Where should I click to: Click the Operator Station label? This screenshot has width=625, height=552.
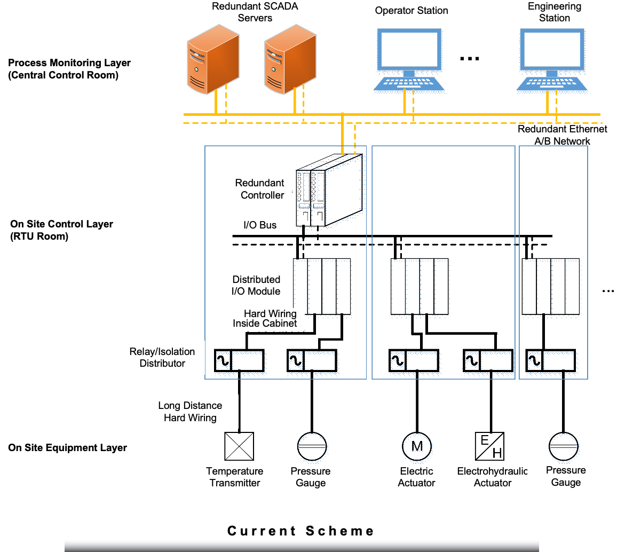412,11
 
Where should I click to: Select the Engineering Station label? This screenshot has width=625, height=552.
555,12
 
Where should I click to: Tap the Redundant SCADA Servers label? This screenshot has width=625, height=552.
255,12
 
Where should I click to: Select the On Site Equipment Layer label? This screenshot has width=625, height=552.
68,448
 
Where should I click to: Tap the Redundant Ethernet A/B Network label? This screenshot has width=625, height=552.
563,136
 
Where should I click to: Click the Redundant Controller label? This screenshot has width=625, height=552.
256,189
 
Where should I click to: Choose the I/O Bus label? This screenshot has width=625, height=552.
260,225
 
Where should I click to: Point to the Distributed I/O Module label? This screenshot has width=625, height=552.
256,285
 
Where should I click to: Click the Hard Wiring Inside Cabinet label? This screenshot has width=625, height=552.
264,319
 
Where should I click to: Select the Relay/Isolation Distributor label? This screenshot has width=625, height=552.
162,358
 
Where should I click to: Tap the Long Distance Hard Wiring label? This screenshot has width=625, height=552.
190,412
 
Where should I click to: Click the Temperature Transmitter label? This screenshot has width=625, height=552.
235,477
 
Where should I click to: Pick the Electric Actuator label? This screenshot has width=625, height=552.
417,477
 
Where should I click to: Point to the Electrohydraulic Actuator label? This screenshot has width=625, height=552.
492,477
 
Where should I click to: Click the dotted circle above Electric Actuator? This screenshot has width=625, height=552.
417,448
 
